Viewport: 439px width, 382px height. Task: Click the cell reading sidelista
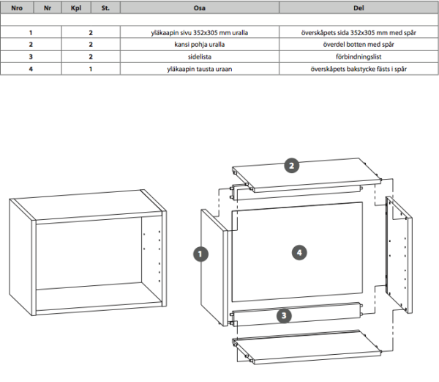click(199, 56)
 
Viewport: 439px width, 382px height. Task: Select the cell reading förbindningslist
click(359, 56)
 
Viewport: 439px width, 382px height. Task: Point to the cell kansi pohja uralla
click(199, 45)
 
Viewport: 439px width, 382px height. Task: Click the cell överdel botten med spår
click(359, 45)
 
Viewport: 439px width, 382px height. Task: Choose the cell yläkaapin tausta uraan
click(199, 67)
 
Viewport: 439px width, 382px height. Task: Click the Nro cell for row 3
click(31, 56)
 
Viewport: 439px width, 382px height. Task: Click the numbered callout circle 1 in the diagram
click(198, 254)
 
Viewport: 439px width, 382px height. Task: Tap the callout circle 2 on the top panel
click(291, 166)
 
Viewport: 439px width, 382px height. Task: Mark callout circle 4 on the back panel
click(298, 251)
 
